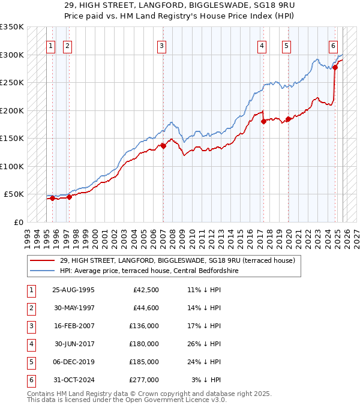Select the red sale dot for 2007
163,146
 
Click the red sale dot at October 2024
335,67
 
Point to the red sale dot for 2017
263,121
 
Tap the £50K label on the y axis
14,194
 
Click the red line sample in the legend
43,261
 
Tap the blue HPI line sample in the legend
43,271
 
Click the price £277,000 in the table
144,379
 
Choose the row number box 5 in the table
30,362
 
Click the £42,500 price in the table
146,290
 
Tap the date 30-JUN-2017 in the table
73,344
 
